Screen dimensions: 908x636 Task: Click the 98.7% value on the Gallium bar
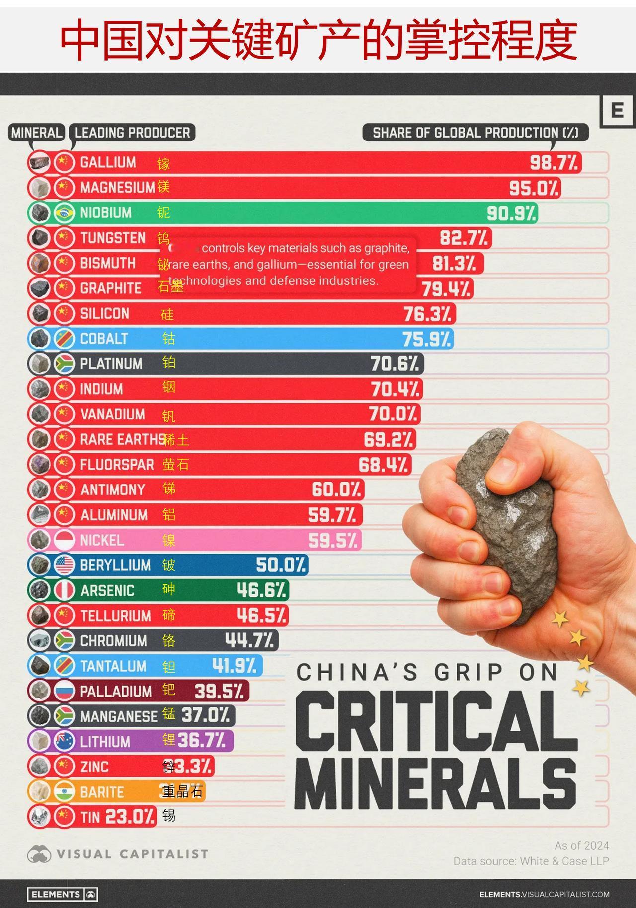click(x=554, y=162)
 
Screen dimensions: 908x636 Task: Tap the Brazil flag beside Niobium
click(x=64, y=212)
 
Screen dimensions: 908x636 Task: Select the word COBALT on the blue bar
click(x=104, y=339)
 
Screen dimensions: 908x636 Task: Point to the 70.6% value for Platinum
click(x=395, y=364)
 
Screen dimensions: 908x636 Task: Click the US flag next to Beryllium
click(x=64, y=565)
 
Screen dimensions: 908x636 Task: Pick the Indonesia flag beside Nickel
click(x=64, y=540)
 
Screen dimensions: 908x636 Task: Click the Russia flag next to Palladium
click(x=64, y=691)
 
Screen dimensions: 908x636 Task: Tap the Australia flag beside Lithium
click(x=64, y=741)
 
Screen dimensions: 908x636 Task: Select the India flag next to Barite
click(x=64, y=791)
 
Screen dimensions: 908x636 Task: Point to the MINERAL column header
click(x=37, y=133)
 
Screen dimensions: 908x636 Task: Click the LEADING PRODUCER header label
click(x=132, y=133)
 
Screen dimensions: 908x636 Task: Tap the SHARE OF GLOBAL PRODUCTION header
click(x=475, y=133)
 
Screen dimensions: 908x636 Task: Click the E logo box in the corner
click(x=617, y=110)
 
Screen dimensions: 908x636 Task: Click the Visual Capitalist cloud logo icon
click(x=39, y=854)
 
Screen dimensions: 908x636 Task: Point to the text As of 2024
click(x=582, y=845)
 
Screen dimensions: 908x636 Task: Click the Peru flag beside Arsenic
click(x=64, y=590)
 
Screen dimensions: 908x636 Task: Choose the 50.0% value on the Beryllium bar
click(x=281, y=565)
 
